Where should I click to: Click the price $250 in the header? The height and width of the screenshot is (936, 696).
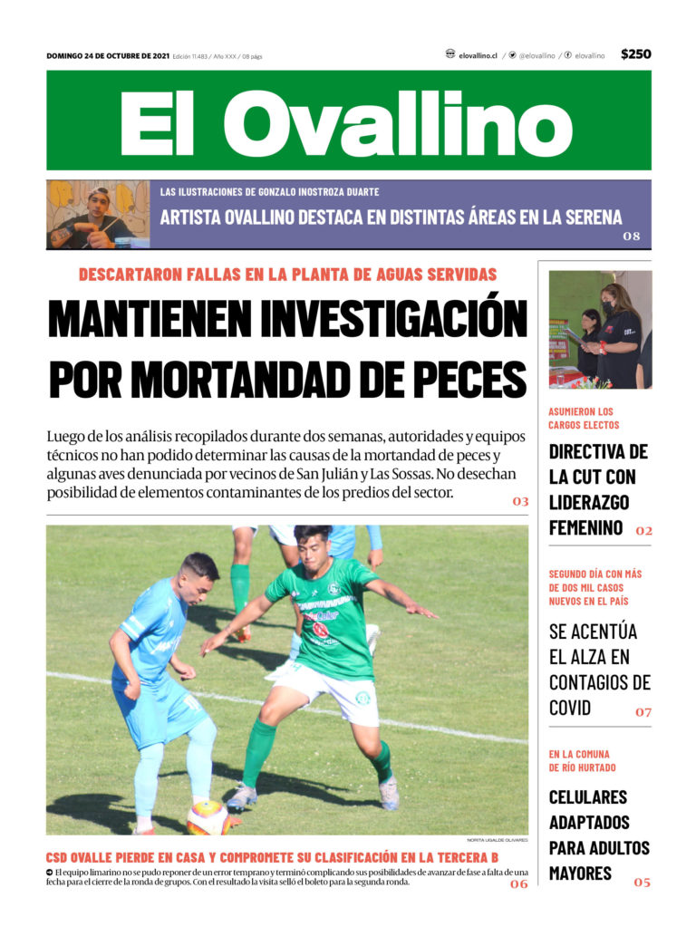pyautogui.click(x=635, y=54)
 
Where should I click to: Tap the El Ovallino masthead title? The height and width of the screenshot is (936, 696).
pyautogui.click(x=347, y=122)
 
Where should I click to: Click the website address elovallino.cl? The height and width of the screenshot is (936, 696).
pyautogui.click(x=478, y=55)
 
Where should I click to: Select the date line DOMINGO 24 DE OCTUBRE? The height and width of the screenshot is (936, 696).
pyautogui.click(x=108, y=55)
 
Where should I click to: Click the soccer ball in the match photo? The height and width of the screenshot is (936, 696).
pyautogui.click(x=208, y=816)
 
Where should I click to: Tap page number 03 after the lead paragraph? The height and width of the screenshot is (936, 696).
pyautogui.click(x=519, y=500)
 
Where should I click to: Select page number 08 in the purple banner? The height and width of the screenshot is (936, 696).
pyautogui.click(x=631, y=236)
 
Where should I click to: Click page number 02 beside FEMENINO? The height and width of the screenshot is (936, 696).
pyautogui.click(x=643, y=531)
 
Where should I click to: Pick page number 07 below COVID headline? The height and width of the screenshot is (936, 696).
pyautogui.click(x=643, y=711)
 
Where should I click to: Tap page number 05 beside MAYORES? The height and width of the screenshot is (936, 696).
pyautogui.click(x=642, y=881)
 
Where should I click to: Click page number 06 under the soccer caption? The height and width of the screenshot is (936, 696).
pyautogui.click(x=518, y=883)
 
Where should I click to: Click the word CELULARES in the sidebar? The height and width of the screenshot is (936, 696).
pyautogui.click(x=587, y=797)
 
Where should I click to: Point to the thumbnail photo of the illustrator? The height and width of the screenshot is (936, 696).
pyautogui.click(x=98, y=215)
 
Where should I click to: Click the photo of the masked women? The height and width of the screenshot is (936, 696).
pyautogui.click(x=599, y=330)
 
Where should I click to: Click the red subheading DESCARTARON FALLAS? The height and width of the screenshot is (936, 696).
pyautogui.click(x=287, y=275)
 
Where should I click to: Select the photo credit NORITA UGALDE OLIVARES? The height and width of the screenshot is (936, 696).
pyautogui.click(x=497, y=840)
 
